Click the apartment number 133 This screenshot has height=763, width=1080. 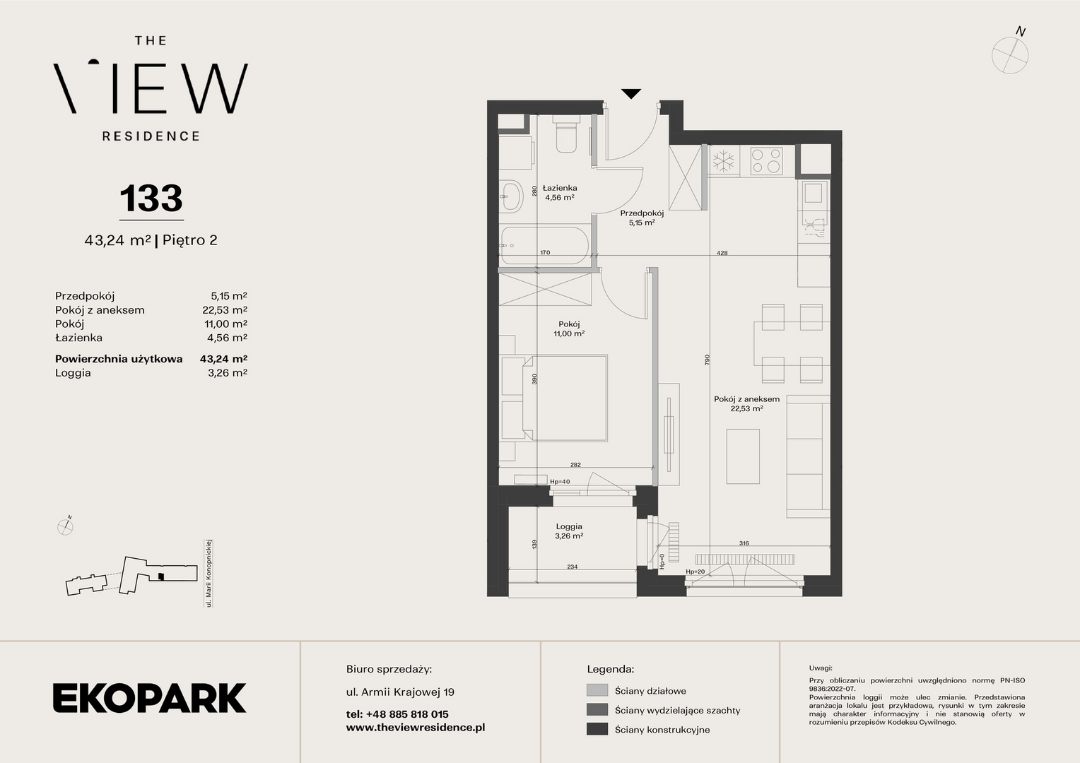click(x=151, y=198)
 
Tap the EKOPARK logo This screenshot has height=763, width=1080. click(x=149, y=698)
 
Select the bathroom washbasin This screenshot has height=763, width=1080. click(x=510, y=196)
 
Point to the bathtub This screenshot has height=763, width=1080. click(x=545, y=246)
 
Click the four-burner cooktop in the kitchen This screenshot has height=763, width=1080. click(x=767, y=161)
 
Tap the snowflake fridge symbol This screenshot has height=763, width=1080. click(x=723, y=161)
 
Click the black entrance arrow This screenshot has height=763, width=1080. click(x=631, y=93)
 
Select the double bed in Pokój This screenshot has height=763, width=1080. click(x=565, y=398)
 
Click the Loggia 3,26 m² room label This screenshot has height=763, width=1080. click(x=569, y=531)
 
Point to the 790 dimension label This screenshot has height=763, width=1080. click(x=708, y=360)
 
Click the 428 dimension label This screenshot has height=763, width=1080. click(x=722, y=252)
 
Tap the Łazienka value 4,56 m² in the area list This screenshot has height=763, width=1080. click(x=227, y=338)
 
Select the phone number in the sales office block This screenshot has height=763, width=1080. click(x=397, y=714)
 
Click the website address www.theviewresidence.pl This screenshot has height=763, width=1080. click(x=416, y=728)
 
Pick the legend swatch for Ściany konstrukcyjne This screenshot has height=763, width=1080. click(x=597, y=729)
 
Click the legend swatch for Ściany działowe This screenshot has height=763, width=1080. click(x=597, y=690)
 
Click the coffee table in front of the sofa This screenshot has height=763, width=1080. click(x=743, y=456)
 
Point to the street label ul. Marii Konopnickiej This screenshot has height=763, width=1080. click(x=209, y=573)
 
